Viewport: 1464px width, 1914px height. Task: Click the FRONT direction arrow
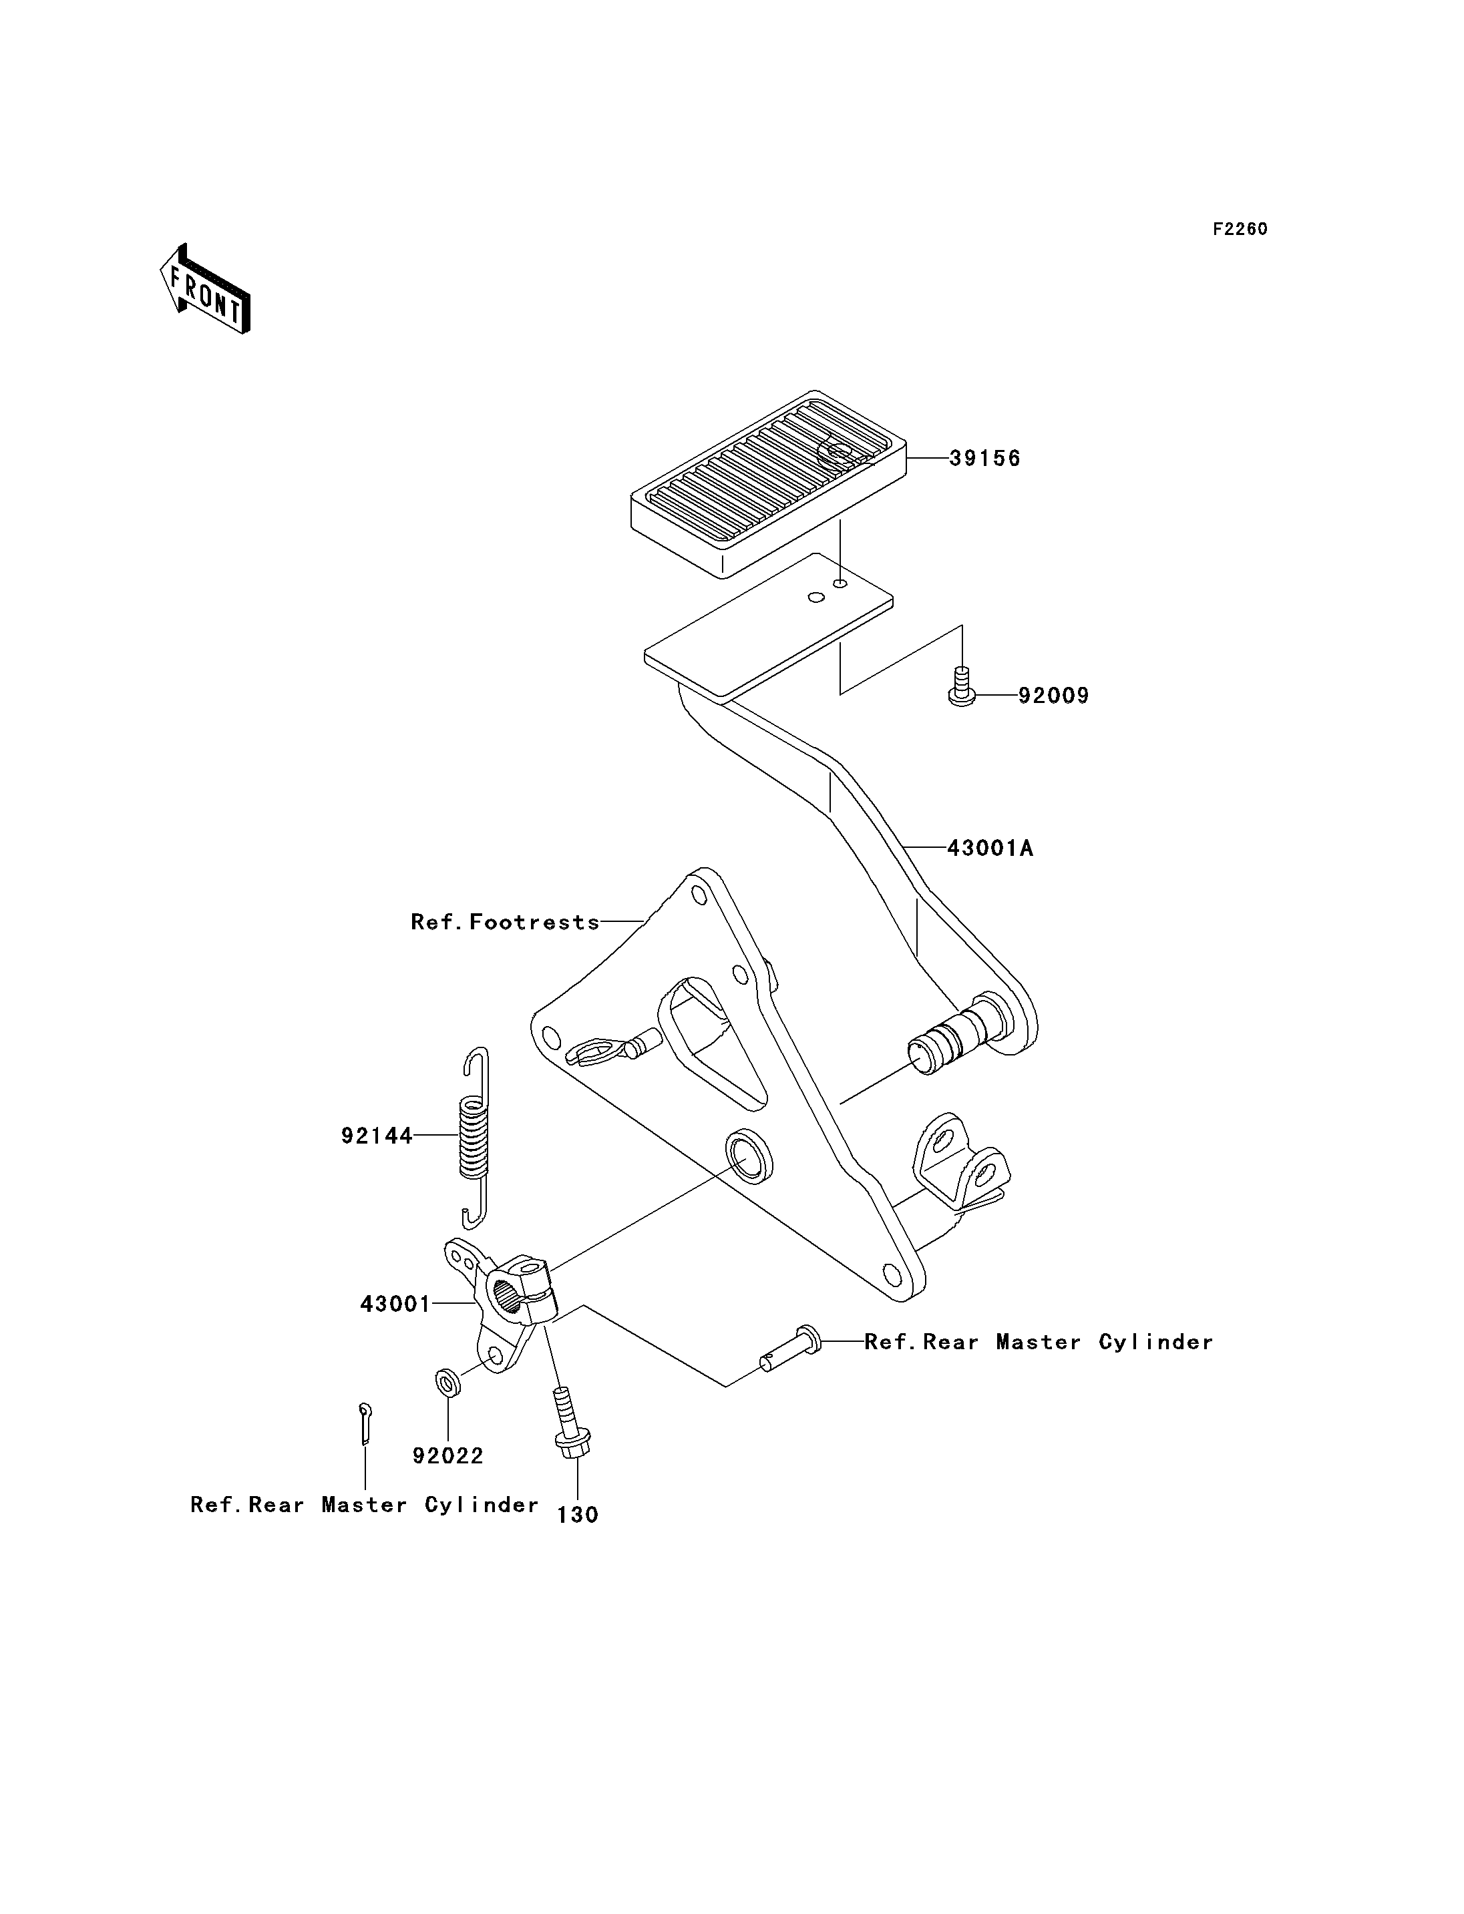pos(206,288)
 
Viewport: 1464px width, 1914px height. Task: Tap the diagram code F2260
pos(1240,229)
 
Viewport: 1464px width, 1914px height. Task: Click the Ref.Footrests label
pos(506,922)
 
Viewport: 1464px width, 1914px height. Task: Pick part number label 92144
pos(377,1136)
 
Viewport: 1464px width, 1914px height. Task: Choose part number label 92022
pos(448,1456)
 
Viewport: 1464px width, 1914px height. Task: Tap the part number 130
pos(578,1515)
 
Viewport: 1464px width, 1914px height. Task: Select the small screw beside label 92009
pos(961,686)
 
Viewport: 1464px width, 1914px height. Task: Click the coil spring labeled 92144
pos(475,1137)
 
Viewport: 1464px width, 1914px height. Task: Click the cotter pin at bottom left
pos(365,1423)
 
